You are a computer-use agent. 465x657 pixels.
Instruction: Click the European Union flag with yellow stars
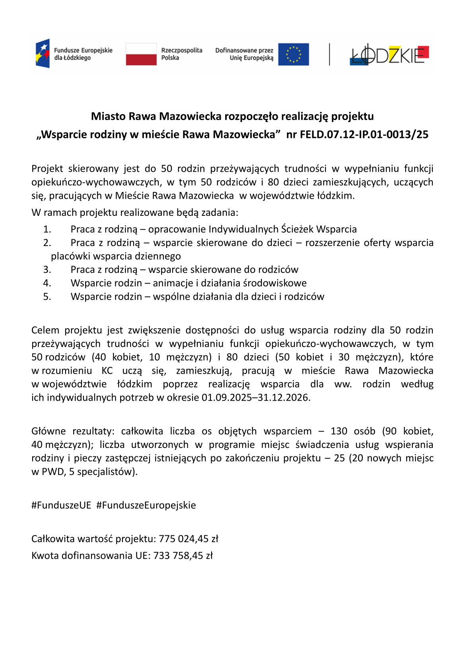[x=293, y=54]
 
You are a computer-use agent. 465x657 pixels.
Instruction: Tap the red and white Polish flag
[x=141, y=54]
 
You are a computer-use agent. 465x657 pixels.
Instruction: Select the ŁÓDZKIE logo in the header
[x=389, y=54]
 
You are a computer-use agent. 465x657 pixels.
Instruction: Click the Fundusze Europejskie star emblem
[x=43, y=53]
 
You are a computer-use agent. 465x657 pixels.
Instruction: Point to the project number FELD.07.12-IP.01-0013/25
[x=364, y=134]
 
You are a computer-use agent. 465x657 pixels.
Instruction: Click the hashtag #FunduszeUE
[x=61, y=505]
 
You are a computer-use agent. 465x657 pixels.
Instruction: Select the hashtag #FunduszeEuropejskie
[x=146, y=505]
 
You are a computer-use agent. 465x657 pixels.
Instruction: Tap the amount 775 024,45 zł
[x=189, y=539]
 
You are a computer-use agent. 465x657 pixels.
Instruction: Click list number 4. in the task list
[x=47, y=283]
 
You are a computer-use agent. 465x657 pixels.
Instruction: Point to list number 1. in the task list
[x=47, y=229]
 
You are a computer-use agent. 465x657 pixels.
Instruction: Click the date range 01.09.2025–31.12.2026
[x=255, y=397]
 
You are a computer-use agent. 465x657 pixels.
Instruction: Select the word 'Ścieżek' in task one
[x=297, y=229]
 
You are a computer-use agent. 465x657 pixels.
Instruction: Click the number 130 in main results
[x=339, y=431]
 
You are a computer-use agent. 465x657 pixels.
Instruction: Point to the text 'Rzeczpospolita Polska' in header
[x=181, y=54]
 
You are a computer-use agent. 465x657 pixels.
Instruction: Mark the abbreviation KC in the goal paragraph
[x=107, y=370]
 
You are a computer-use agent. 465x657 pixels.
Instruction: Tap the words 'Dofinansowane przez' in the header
[x=244, y=50]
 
